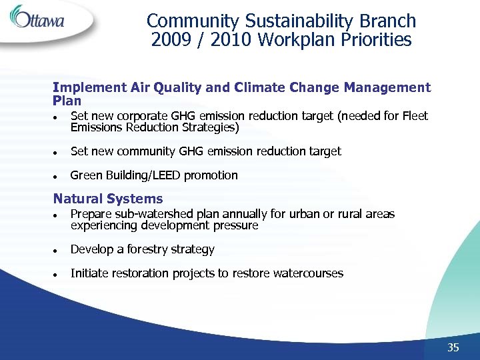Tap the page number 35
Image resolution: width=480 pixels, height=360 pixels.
(x=453, y=347)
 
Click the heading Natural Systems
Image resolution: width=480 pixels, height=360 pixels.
(x=107, y=199)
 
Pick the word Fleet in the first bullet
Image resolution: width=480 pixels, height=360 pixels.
(x=415, y=116)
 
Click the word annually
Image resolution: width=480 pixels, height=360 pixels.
(x=242, y=214)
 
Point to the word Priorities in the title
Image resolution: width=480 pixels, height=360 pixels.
(x=378, y=40)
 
